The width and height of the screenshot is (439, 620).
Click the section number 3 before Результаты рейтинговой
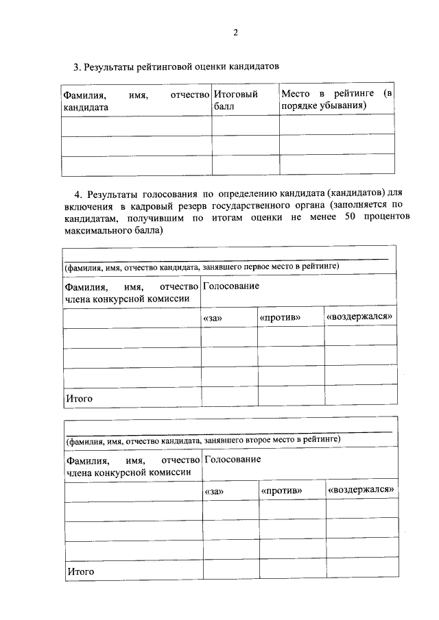pyautogui.click(x=76, y=67)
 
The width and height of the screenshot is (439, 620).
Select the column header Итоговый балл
pyautogui.click(x=235, y=100)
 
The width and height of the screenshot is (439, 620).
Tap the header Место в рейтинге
pyautogui.click(x=337, y=93)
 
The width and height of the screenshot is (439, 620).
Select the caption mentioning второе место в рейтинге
pyautogui.click(x=204, y=438)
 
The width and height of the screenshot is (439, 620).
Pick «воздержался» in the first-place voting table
pyautogui.click(x=359, y=317)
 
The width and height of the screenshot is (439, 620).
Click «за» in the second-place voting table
pyautogui.click(x=215, y=492)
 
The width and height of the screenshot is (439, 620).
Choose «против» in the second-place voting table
pyautogui.click(x=282, y=492)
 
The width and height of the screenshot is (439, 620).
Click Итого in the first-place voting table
pyautogui.click(x=78, y=398)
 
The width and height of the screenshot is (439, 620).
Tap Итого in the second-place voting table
pyautogui.click(x=80, y=571)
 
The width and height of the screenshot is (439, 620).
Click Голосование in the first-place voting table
pyautogui.click(x=231, y=286)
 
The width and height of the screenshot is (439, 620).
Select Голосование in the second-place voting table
pyautogui.click(x=233, y=459)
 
